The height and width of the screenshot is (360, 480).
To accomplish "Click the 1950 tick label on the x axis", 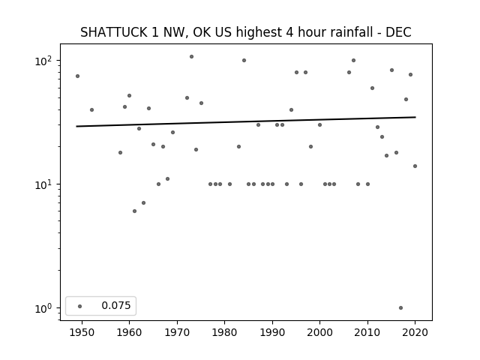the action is click(82, 332).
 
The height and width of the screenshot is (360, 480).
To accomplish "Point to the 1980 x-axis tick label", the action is click(225, 332).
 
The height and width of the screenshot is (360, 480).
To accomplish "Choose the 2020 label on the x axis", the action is click(415, 332).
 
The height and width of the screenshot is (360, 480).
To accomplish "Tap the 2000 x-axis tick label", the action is click(320, 332).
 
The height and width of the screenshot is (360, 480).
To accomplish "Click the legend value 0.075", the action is click(116, 305).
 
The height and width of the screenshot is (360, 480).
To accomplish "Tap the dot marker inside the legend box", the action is click(80, 306).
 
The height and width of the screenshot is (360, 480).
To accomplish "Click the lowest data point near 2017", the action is click(400, 308).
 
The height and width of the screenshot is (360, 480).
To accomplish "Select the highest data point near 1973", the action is click(192, 57).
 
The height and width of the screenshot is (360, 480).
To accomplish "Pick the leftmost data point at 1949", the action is click(77, 76).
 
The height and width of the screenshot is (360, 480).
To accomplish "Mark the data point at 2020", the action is click(415, 166).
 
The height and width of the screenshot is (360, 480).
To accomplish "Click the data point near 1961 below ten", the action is click(134, 211).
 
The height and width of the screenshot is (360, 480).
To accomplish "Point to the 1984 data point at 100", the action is click(244, 60).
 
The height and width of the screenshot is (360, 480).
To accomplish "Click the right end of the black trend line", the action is click(415, 117).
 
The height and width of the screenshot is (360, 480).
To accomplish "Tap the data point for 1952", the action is click(91, 110).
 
